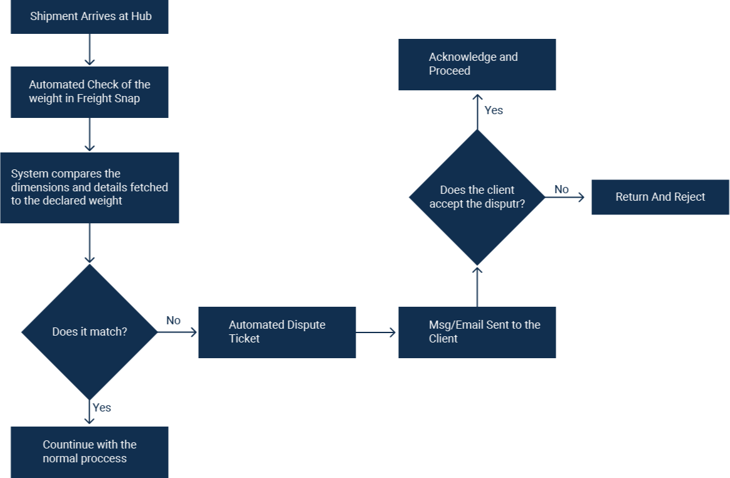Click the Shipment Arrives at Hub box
click(x=89, y=17)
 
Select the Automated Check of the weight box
click(x=89, y=92)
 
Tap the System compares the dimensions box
click(x=89, y=188)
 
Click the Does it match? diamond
click(x=90, y=332)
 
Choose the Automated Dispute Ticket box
click(x=277, y=332)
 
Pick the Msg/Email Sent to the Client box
click(x=477, y=332)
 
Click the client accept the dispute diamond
click(x=477, y=197)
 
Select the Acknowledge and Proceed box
click(x=477, y=64)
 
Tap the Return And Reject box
click(x=660, y=197)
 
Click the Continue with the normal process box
click(x=89, y=452)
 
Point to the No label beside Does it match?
click(x=173, y=321)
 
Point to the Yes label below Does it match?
click(x=102, y=408)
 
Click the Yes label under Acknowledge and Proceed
click(x=494, y=110)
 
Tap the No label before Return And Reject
click(x=561, y=189)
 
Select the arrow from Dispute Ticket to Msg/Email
click(x=376, y=332)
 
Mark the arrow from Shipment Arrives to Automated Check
click(x=90, y=50)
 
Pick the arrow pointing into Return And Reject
click(x=566, y=197)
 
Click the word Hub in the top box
click(x=141, y=16)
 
